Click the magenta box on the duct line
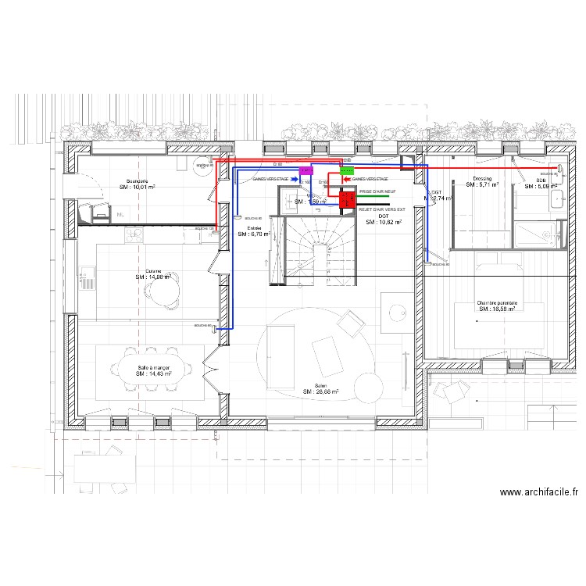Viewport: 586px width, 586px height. tap(306, 170)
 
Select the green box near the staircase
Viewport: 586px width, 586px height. tap(347, 170)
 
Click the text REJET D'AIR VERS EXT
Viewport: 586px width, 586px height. tap(382, 209)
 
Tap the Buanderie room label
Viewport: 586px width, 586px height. tap(137, 181)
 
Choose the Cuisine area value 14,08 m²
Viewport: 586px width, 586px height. tap(152, 277)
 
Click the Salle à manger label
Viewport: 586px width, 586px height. tap(153, 367)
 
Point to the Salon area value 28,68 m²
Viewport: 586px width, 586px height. tap(320, 392)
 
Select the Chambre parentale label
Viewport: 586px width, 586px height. tap(498, 303)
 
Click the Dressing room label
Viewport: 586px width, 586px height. tap(482, 179)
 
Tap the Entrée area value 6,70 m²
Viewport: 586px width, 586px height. tap(254, 234)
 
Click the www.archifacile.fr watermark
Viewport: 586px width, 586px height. tap(539, 492)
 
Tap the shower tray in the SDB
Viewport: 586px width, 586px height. tap(532, 233)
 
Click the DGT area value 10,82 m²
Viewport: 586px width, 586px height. tap(383, 222)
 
